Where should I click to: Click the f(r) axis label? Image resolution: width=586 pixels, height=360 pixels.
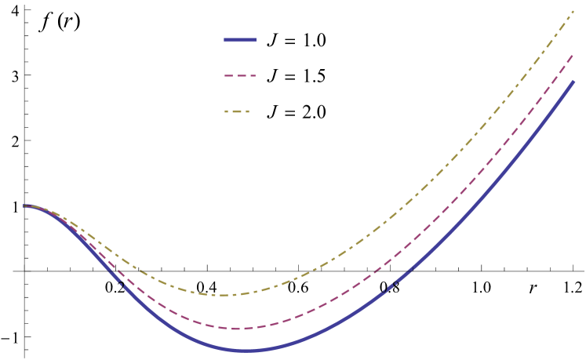tap(59, 22)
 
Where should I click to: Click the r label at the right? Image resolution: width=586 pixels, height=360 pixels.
tap(533, 288)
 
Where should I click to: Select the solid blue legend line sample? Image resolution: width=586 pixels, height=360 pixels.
tap(240, 40)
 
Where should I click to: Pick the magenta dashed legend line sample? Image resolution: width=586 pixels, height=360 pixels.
tap(240, 76)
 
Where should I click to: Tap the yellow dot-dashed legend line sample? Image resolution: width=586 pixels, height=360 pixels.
tap(237, 111)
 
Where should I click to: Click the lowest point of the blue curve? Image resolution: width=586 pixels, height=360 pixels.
tap(246, 351)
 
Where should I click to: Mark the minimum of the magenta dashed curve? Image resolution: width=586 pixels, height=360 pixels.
tap(237, 329)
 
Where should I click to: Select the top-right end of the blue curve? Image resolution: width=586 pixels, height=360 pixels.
tap(574, 82)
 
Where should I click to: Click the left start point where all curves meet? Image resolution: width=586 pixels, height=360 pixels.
tap(25, 205)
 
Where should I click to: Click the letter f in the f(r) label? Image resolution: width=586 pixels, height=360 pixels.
tap(46, 22)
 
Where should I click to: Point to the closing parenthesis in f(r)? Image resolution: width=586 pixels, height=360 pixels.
tap(75, 22)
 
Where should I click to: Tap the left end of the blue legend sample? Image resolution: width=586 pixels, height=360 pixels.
tap(225, 40)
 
